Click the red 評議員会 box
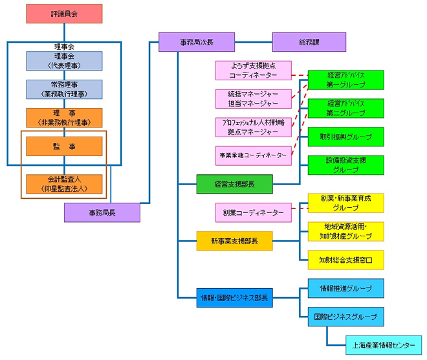(x=64, y=14)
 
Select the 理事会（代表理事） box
(x=64, y=61)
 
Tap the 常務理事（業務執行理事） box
(x=64, y=89)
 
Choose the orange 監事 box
(x=64, y=147)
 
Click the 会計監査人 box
(x=64, y=184)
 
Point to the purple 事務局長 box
(x=102, y=212)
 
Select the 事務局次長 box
(x=196, y=42)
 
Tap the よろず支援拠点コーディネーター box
(x=254, y=71)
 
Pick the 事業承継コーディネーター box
(x=254, y=155)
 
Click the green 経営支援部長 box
(x=234, y=184)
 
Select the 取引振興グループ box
(x=345, y=137)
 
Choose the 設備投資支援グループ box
(x=345, y=165)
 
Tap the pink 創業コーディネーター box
(x=254, y=212)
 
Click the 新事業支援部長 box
(x=234, y=241)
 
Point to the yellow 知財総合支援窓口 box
(x=345, y=260)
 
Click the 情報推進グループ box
(x=345, y=288)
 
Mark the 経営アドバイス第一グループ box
(x=345, y=80)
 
